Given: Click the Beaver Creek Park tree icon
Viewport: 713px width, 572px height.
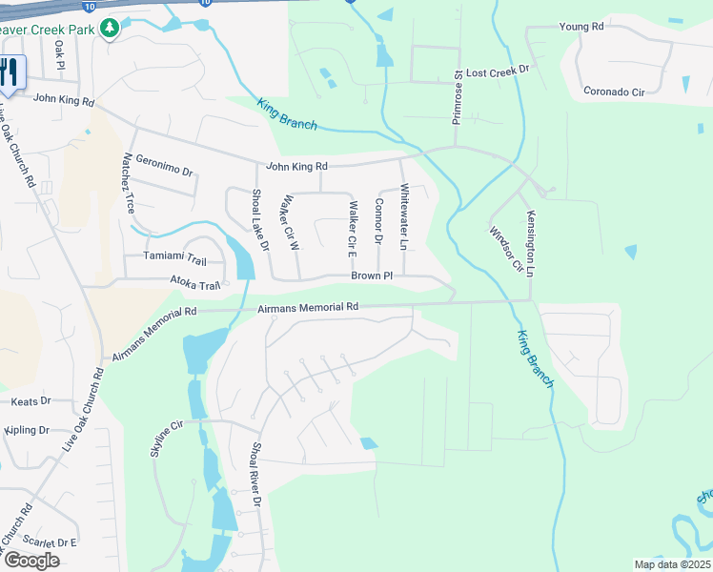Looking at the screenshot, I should click(111, 30).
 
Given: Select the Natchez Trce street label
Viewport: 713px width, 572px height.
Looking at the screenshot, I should click(128, 189).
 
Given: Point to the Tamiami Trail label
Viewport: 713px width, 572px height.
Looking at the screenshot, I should click(174, 258).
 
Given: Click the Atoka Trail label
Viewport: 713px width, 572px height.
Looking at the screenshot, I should click(195, 283).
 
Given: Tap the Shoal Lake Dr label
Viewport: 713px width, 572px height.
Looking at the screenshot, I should click(259, 220).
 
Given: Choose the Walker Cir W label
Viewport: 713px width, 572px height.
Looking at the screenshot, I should click(289, 223).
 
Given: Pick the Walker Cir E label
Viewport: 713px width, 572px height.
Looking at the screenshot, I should click(351, 229).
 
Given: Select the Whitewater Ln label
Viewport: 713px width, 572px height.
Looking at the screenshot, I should click(404, 216).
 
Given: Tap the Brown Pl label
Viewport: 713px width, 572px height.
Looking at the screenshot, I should click(372, 276).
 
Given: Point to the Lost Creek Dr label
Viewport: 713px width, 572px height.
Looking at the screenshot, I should click(498, 71).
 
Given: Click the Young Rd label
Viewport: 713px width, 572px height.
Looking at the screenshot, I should click(581, 27).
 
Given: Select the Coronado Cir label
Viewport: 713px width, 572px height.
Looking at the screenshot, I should click(615, 92).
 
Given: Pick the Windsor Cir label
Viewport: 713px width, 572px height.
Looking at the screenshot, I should click(506, 249).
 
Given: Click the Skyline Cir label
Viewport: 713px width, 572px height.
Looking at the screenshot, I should click(167, 438).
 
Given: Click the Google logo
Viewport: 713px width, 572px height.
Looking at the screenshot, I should click(31, 561).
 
